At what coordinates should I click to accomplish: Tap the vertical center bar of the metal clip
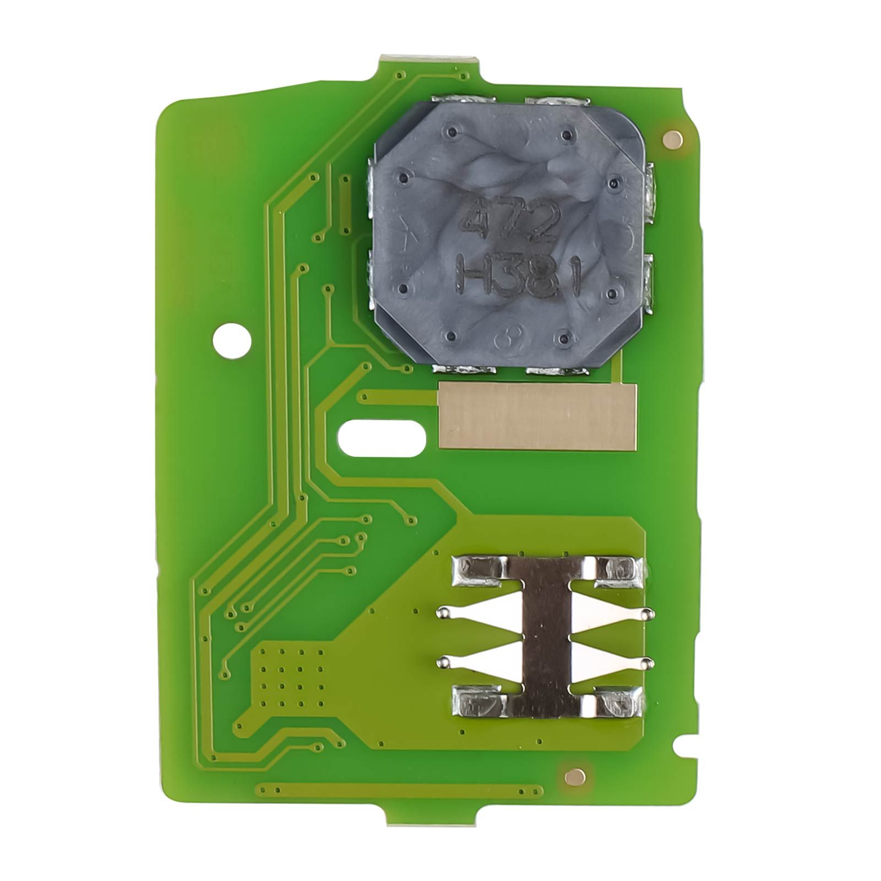coord(546,637)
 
